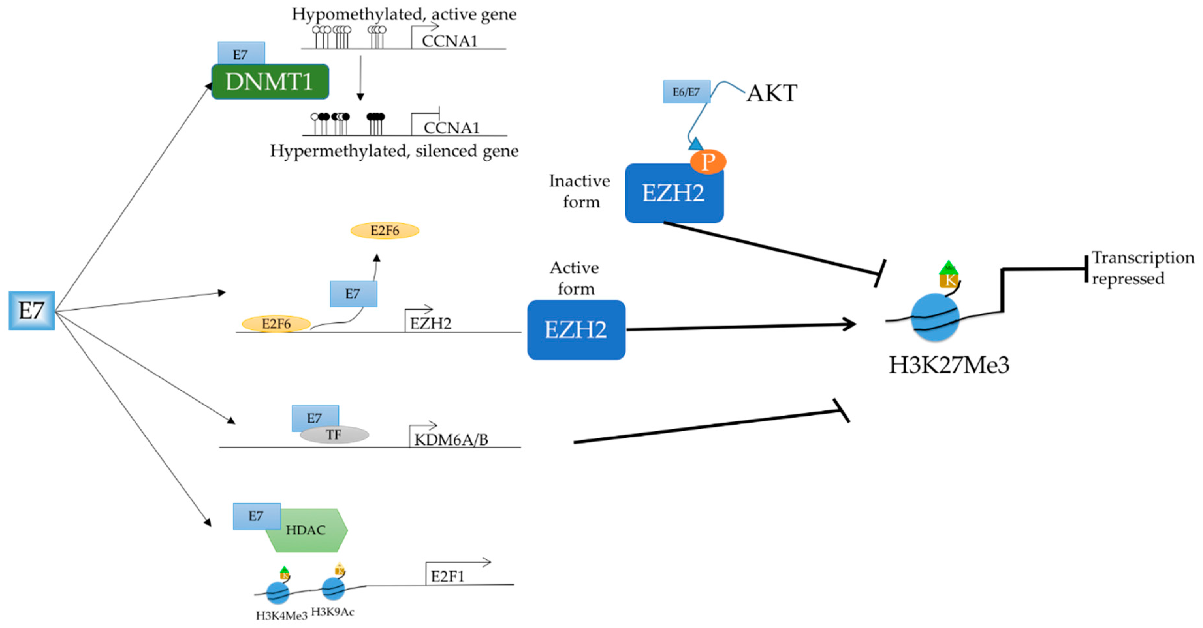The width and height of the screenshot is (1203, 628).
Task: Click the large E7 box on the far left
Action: point(31,310)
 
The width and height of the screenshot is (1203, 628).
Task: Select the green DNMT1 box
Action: point(270,82)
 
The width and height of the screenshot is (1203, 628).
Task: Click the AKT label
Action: point(771,93)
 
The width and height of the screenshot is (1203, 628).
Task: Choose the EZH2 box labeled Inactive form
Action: point(674,193)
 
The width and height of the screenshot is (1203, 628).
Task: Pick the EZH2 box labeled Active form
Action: point(576,329)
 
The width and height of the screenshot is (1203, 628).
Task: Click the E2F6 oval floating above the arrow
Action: point(385,231)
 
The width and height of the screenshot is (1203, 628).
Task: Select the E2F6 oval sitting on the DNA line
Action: point(276,323)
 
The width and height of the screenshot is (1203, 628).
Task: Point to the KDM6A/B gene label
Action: point(451,439)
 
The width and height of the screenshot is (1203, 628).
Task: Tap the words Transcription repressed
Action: point(1142,268)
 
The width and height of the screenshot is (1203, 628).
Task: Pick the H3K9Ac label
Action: point(333,612)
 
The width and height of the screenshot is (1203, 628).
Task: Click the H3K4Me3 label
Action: point(281,615)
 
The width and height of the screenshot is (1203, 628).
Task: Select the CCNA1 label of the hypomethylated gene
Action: point(450,41)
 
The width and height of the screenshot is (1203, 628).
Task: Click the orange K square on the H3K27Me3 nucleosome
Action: point(949,281)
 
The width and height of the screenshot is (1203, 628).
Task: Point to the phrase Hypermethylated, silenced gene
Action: point(394,151)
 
